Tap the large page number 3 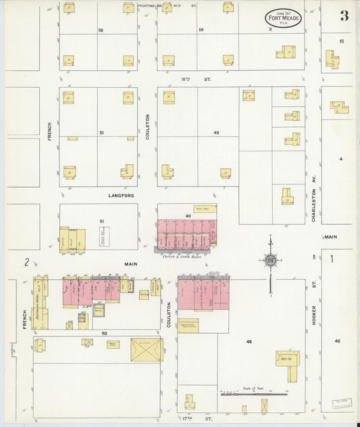(x=344, y=16)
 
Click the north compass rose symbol (x=270, y=260)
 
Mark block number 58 (x=101, y=30)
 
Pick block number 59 (x=201, y=30)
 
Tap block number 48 (x=249, y=343)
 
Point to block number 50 (x=105, y=333)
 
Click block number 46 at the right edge (x=337, y=341)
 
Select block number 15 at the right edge (x=341, y=42)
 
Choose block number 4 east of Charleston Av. (x=341, y=159)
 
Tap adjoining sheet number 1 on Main (x=332, y=258)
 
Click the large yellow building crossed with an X (x=147, y=349)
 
